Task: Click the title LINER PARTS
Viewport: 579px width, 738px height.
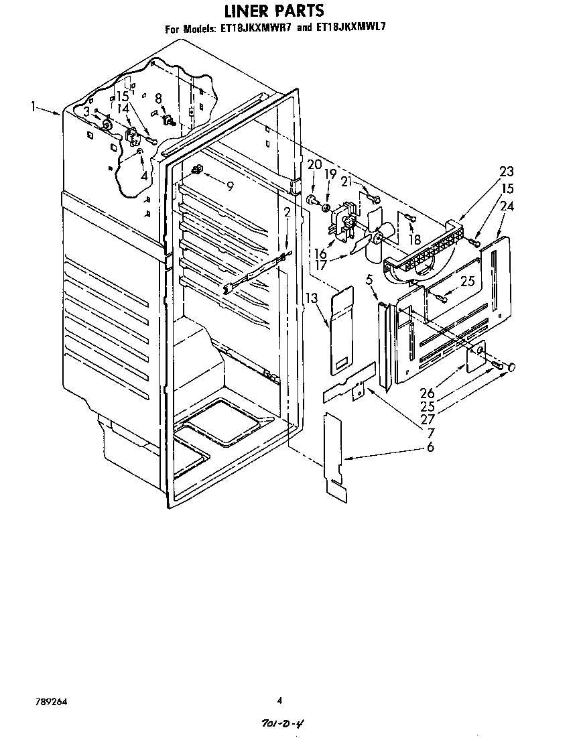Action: pos(273,10)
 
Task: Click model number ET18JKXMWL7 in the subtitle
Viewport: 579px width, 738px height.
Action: pos(351,27)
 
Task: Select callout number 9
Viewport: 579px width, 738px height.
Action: pos(230,186)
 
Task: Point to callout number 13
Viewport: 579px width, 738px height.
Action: pos(311,298)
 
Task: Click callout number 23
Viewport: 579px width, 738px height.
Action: pos(507,172)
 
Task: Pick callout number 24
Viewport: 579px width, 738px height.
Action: pos(507,206)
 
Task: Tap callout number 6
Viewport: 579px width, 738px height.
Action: pos(430,446)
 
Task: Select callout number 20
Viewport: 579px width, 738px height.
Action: pos(314,165)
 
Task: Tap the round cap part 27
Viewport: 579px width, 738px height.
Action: pos(511,367)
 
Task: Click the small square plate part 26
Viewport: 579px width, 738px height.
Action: pos(475,357)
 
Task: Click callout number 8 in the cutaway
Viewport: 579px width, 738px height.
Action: pos(159,99)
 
